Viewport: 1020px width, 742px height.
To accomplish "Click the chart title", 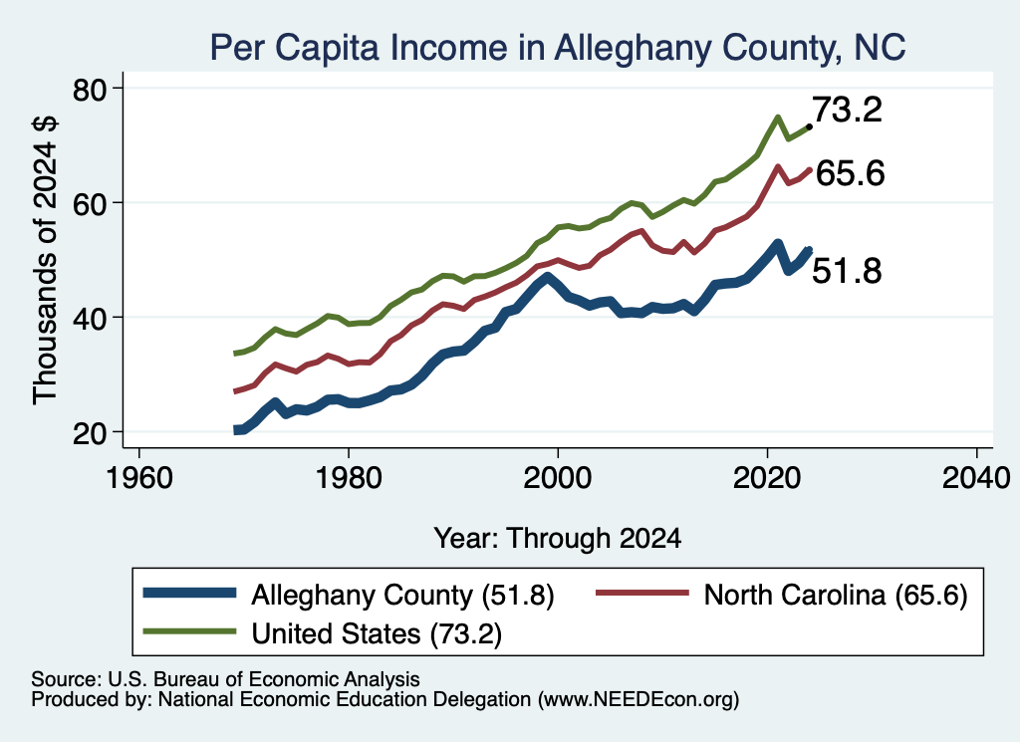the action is pos(558,48).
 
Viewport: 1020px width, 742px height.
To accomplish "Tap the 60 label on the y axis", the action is pos(90,203).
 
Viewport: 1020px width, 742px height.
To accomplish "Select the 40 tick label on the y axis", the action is pos(90,318).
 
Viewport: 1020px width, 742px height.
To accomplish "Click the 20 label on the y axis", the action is pos(90,433).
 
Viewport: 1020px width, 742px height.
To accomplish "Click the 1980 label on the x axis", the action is pos(348,478).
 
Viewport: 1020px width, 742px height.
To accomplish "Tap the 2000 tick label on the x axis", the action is pos(558,478).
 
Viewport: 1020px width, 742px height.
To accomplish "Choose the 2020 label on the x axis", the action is pos(767,478).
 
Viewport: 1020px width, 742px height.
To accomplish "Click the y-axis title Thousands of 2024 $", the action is pos(46,260).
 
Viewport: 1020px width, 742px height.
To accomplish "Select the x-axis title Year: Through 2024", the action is pos(558,539).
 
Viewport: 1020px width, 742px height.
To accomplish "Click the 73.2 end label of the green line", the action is pos(847,110).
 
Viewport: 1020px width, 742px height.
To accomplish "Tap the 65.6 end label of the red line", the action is pos(850,173).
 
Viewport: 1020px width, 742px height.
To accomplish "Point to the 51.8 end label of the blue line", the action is pos(847,271).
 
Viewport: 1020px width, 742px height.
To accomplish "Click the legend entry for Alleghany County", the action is pos(349,595).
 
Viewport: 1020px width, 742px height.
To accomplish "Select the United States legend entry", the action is pos(323,632).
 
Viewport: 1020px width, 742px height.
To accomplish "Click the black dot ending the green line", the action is pos(809,126).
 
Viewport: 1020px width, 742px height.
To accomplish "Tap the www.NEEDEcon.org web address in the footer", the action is pos(638,699).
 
